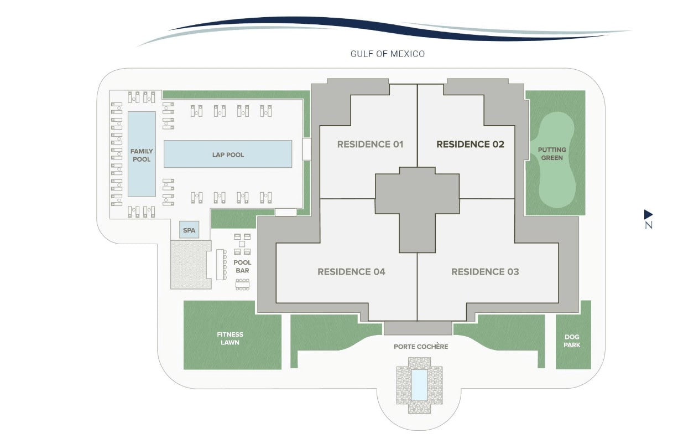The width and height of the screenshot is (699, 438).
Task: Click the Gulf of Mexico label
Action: (x=387, y=54)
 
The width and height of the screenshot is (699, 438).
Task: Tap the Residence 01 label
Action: (x=370, y=145)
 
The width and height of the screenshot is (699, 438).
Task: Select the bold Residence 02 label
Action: (x=470, y=145)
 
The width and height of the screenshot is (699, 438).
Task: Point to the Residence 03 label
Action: (x=485, y=272)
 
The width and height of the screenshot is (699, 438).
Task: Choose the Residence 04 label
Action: (x=351, y=272)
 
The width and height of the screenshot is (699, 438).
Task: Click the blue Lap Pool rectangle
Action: (x=228, y=154)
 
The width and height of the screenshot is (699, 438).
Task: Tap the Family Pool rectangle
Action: (x=142, y=154)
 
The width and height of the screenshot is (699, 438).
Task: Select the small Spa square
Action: (x=189, y=230)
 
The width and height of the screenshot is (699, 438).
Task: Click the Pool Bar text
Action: (x=242, y=266)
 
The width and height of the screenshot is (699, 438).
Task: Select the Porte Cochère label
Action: (x=421, y=347)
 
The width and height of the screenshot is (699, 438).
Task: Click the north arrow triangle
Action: (x=648, y=214)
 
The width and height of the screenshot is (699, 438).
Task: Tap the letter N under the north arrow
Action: (x=649, y=225)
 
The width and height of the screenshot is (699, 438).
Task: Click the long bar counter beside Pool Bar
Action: (x=221, y=264)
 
